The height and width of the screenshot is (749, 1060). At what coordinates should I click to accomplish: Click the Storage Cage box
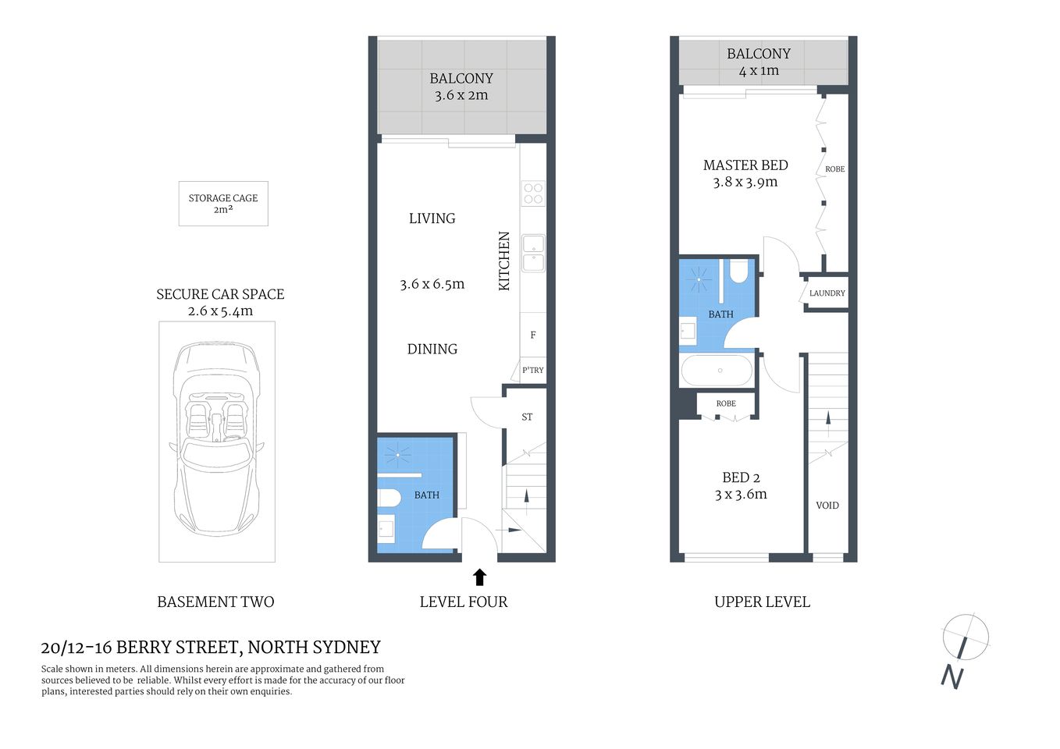point(223,204)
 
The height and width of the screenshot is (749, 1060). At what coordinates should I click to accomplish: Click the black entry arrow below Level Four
point(479,577)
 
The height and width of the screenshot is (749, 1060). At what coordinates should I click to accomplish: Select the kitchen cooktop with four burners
point(534,193)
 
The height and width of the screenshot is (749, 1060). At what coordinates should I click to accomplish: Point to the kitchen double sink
point(534,253)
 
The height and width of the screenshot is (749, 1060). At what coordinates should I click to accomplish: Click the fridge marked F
point(533,335)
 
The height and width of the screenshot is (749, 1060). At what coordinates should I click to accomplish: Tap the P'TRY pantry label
point(533,371)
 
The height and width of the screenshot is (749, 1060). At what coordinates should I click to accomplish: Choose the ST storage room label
point(527,417)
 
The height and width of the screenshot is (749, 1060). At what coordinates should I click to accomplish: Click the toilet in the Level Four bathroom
point(389,498)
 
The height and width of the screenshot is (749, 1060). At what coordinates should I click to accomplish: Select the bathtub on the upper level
point(717,371)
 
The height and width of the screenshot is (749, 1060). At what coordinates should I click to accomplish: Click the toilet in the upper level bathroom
point(738,270)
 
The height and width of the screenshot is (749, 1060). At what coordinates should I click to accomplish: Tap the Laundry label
point(827,293)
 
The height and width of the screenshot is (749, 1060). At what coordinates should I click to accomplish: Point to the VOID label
point(827,506)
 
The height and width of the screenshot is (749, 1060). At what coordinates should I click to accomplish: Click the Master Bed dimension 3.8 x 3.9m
point(745,183)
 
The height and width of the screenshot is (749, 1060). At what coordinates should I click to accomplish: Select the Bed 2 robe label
point(726,403)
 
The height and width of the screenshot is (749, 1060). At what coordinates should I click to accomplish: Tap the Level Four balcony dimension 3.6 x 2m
point(461,95)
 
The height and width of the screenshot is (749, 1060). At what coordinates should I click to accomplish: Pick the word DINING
point(432,350)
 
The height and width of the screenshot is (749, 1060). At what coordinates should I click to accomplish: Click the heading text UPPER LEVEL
point(762,602)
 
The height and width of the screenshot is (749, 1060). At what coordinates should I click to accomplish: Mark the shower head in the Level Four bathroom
point(398,454)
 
